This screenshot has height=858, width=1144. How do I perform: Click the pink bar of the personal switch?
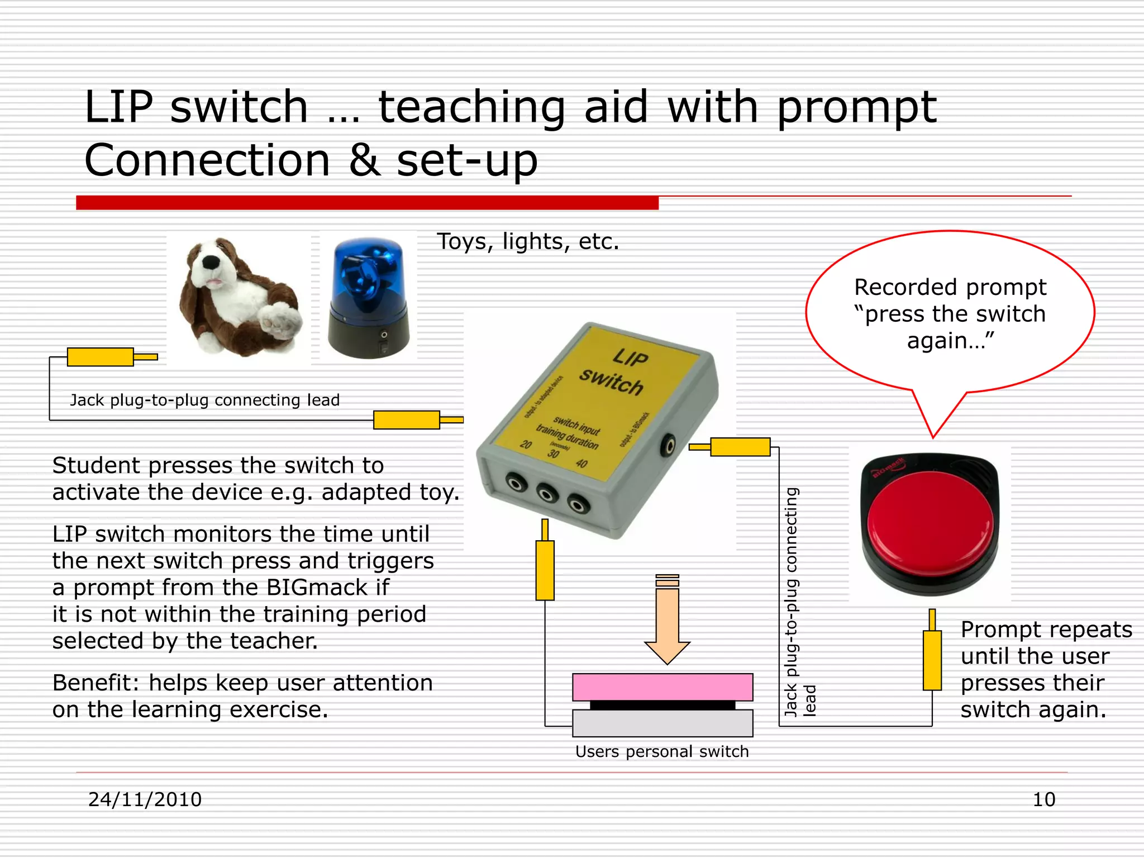pos(662,687)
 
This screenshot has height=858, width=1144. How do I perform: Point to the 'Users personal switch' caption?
pos(662,752)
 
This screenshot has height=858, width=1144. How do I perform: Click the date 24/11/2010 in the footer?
pos(145,799)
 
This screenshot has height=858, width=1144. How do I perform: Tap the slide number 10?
pos(1043,799)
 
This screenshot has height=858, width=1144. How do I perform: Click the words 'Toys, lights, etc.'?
pos(528,241)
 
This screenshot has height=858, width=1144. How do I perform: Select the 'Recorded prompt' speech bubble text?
pos(950,313)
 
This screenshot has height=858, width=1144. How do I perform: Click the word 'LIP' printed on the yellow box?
pos(631,357)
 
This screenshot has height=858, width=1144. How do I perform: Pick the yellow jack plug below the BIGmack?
pos(932,659)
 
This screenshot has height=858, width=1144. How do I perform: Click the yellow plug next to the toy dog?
pos(101,357)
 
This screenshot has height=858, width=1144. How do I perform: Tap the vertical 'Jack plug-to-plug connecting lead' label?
pos(792,600)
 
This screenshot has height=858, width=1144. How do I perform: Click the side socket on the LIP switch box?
pos(668,445)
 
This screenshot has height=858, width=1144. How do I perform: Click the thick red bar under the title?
pos(367,203)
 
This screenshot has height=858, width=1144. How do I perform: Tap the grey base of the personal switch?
pos(662,724)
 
